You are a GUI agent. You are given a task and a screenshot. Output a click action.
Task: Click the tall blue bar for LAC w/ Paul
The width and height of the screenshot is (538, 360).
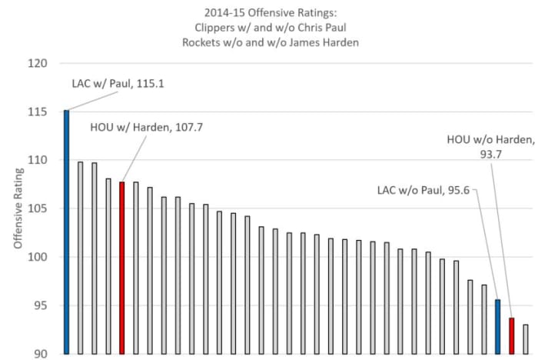[66, 231]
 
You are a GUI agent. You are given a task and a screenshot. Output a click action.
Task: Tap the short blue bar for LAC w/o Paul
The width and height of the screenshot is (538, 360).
[497, 327]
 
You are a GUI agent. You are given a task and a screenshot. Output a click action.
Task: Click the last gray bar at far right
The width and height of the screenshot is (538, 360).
[526, 339]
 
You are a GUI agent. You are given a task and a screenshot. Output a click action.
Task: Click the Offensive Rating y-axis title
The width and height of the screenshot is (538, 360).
[16, 208]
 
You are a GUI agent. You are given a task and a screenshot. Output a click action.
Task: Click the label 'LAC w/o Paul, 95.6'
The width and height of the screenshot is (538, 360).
[422, 188]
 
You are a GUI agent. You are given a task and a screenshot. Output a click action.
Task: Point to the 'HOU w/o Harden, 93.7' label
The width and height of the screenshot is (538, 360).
[489, 147]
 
